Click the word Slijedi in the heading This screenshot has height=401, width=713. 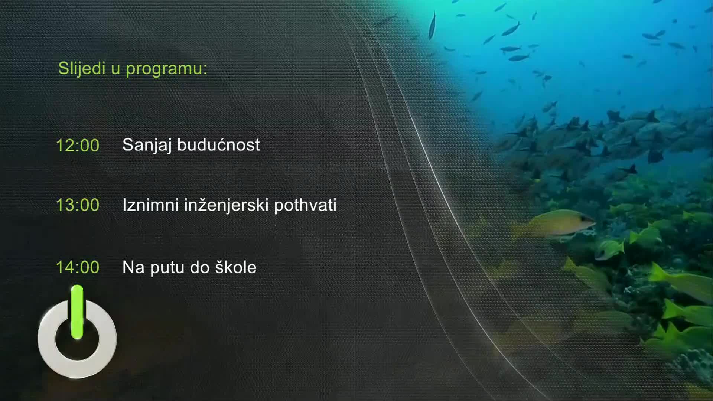point(82,69)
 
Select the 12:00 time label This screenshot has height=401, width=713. point(78,145)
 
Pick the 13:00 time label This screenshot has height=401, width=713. point(78,205)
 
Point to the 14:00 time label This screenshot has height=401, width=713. point(78,267)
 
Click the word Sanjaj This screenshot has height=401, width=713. point(147,145)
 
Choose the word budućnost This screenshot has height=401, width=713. point(218,144)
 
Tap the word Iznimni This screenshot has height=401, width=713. point(150,205)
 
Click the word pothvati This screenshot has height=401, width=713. point(305,205)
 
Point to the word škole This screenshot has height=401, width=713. point(236,267)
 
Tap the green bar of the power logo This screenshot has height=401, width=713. point(77,312)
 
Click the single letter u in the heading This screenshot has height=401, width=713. point(115,69)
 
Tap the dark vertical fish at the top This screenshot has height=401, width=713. point(432,25)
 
